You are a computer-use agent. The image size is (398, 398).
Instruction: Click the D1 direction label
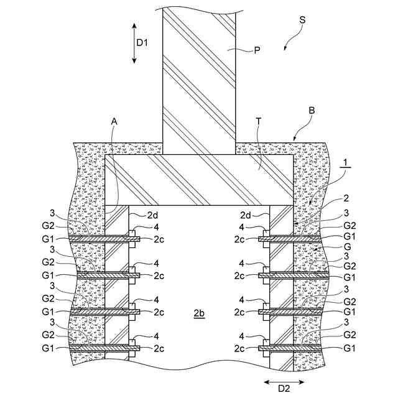pyautogui.click(x=143, y=42)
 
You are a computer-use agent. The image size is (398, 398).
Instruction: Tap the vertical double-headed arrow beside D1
pyautogui.click(x=134, y=42)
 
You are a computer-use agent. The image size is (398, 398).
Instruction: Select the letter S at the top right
pyautogui.click(x=302, y=20)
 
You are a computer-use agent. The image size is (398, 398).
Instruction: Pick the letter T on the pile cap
pyautogui.click(x=258, y=123)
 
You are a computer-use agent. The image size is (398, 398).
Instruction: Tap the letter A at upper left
pyautogui.click(x=114, y=123)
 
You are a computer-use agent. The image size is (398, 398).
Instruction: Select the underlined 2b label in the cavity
pyautogui.click(x=198, y=313)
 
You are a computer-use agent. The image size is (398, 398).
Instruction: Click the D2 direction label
pyautogui.click(x=284, y=389)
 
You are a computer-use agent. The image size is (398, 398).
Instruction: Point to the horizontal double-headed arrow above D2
pyautogui.click(x=284, y=380)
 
